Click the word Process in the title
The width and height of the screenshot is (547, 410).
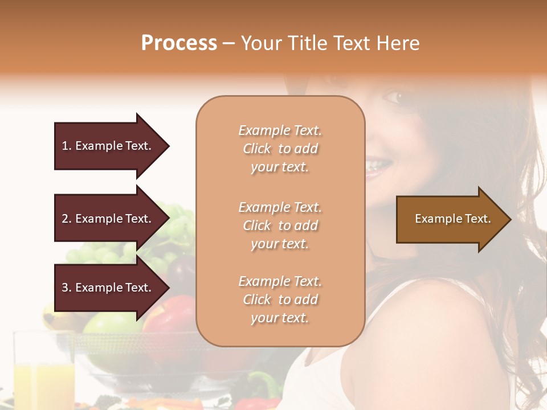pos(179,43)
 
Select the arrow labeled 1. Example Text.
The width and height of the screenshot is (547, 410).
pos(108,146)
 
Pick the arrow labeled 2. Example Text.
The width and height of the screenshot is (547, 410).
pos(108,219)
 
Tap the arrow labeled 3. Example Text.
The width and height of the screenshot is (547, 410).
pos(108,288)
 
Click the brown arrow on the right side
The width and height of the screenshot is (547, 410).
pos(450,219)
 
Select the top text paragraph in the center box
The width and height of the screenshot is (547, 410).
pos(280,149)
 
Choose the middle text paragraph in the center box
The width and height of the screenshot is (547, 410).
pos(280,225)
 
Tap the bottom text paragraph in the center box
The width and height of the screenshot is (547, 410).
pos(280,300)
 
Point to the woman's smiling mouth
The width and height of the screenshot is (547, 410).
pos(379,167)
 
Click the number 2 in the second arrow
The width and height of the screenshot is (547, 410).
pos(66,219)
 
